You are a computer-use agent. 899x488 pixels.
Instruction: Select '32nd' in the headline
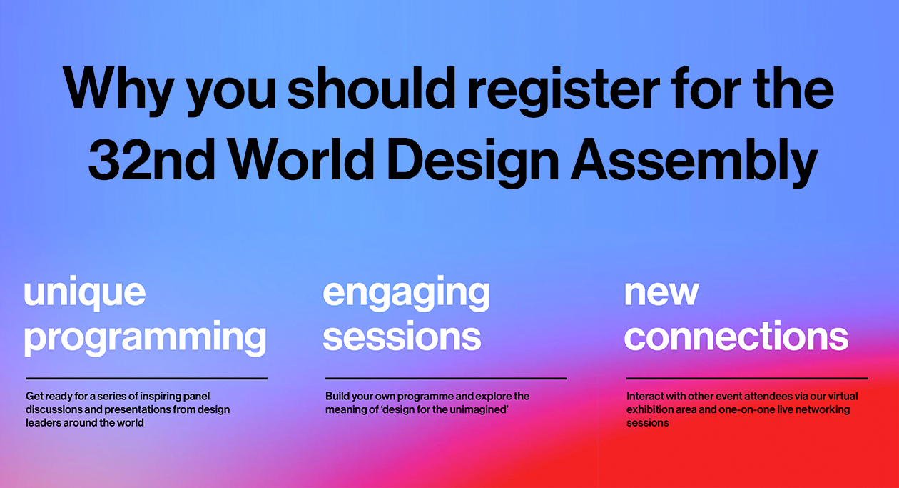pos(151,159)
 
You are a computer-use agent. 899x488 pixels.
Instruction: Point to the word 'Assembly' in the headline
pos(694,163)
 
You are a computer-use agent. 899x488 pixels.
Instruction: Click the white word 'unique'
pos(85,294)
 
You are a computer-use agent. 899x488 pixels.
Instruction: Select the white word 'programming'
pos(146,338)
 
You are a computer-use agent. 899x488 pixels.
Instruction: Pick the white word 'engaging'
pos(407,294)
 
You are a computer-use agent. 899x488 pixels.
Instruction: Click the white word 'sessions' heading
pos(402,337)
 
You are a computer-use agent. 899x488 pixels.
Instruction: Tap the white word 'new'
pos(661,294)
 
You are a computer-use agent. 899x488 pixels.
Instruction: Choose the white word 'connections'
pos(736,336)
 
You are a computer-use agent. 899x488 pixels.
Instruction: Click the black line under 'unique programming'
pos(146,378)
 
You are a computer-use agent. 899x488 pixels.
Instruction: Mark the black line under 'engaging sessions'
pos(446,378)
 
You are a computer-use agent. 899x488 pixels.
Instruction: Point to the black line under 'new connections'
pos(747,378)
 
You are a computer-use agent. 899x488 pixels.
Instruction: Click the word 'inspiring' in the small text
pos(160,397)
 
